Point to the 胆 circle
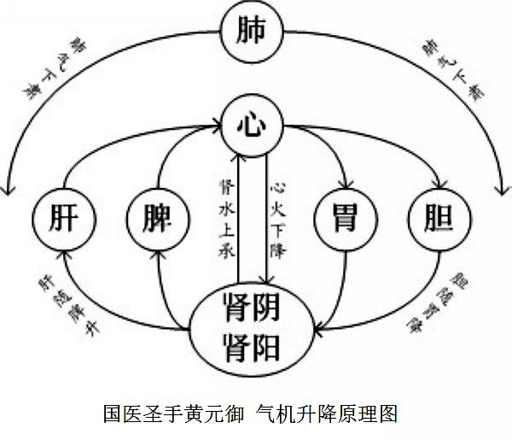[438, 218]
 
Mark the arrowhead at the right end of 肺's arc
[501, 184]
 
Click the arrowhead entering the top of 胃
[346, 185]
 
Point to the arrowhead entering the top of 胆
[440, 185]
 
